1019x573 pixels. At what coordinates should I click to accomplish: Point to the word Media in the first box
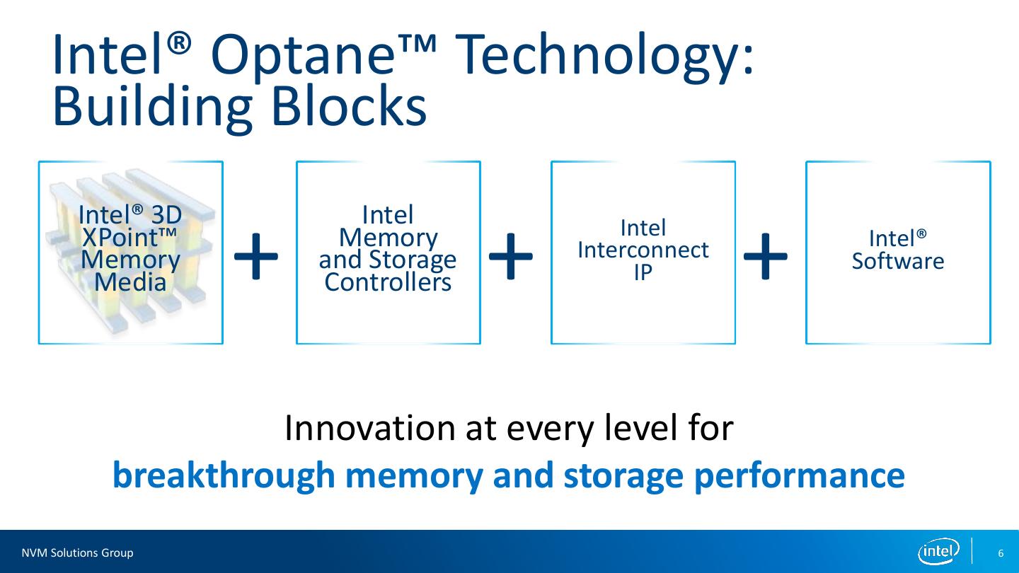click(130, 282)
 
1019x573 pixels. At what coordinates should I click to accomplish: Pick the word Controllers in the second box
click(388, 282)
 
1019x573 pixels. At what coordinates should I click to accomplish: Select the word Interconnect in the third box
click(643, 250)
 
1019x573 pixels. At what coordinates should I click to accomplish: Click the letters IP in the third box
click(643, 272)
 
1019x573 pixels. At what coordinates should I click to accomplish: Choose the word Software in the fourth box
click(897, 261)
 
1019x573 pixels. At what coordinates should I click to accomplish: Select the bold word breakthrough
click(223, 475)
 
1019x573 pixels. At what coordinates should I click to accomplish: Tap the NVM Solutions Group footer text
click(77, 552)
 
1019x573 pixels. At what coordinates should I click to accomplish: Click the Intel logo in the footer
click(938, 551)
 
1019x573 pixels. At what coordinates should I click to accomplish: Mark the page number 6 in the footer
click(1001, 552)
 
